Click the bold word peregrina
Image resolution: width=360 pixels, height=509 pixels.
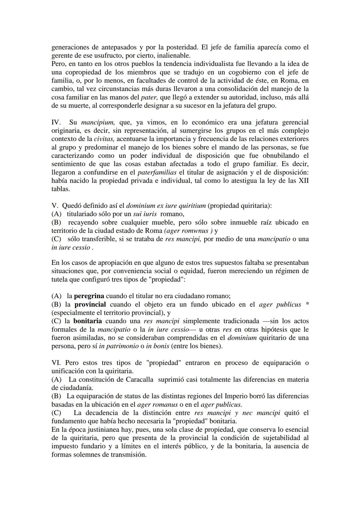(89, 296)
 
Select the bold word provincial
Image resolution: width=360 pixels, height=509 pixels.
(90, 304)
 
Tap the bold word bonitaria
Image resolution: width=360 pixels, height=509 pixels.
(87, 321)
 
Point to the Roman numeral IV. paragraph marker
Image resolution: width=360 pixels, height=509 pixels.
(56, 122)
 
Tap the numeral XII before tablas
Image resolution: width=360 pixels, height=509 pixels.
(302, 181)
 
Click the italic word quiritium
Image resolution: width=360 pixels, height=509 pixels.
(189, 206)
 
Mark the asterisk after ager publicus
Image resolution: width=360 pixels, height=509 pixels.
(307, 304)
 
